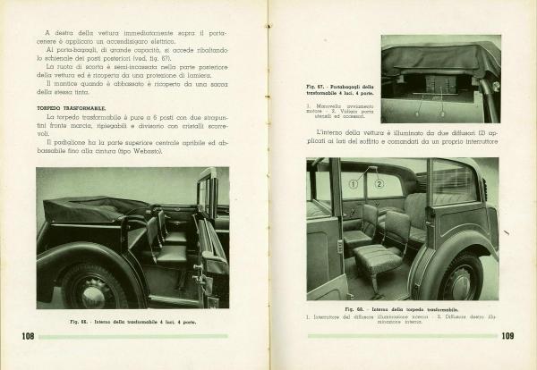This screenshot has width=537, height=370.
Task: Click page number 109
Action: pos(506,336)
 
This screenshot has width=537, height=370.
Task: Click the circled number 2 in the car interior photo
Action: pos(379,184)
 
